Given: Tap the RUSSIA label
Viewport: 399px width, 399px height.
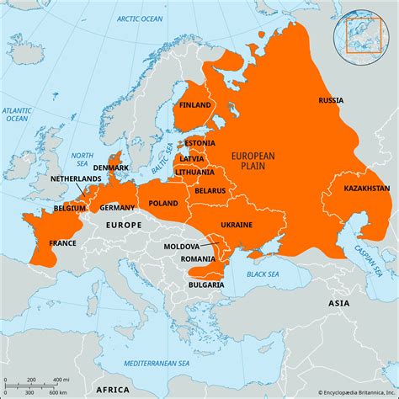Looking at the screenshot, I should (330, 101).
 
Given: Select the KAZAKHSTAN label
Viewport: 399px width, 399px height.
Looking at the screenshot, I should (366, 189).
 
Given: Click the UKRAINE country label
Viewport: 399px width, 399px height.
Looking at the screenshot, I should (236, 225).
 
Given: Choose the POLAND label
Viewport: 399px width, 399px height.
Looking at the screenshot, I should (163, 204).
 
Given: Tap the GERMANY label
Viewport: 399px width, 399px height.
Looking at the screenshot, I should (117, 207).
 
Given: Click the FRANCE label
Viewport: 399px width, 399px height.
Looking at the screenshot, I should (61, 243).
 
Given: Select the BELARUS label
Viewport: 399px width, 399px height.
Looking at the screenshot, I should (210, 191).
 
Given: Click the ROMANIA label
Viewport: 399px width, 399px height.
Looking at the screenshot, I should (197, 259).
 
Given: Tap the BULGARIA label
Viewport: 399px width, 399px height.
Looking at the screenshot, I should (206, 285).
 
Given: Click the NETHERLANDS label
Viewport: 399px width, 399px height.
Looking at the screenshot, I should (76, 179).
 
